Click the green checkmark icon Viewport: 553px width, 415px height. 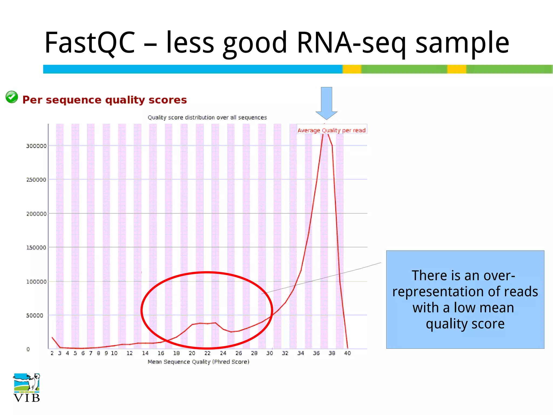[12, 97]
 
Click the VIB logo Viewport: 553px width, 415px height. [26, 388]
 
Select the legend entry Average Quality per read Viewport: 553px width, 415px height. [332, 130]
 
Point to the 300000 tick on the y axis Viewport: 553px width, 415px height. [36, 146]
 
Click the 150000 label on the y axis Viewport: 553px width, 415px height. [36, 247]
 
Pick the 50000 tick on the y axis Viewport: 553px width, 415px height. [35, 315]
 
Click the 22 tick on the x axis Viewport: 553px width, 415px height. [207, 353]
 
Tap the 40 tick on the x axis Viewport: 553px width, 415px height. [347, 353]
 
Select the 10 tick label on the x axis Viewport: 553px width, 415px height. [114, 353]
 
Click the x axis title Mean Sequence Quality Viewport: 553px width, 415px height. [198, 362]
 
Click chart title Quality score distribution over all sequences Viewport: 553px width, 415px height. [207, 118]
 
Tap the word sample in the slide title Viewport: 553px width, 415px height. [462, 43]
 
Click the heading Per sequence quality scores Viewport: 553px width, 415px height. [104, 100]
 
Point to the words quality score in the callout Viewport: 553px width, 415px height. [465, 324]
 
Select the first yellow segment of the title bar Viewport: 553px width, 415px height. [352, 69]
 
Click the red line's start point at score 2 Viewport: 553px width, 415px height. [52, 337]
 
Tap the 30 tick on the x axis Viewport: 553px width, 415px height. [269, 353]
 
